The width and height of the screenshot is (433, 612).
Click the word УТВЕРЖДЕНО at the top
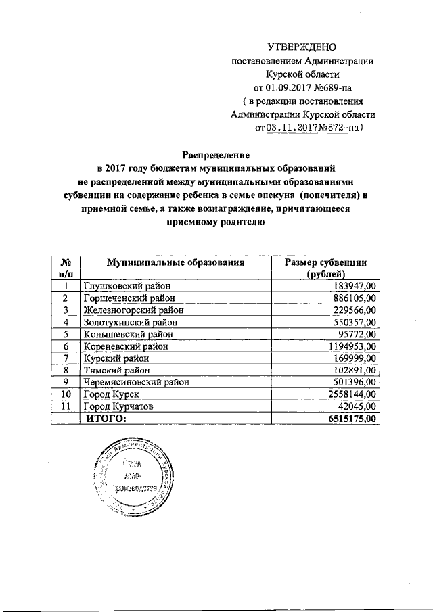click(302, 47)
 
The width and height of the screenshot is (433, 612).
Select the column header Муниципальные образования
click(175, 262)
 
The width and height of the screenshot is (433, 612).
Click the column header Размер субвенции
click(325, 262)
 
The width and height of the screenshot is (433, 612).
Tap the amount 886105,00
click(357, 298)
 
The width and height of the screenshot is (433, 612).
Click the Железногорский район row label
click(131, 310)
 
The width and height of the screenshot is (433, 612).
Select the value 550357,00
click(357, 322)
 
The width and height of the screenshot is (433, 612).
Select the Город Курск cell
click(111, 394)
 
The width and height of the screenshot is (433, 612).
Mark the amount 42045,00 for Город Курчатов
click(359, 406)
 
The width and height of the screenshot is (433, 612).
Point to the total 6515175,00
click(352, 419)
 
